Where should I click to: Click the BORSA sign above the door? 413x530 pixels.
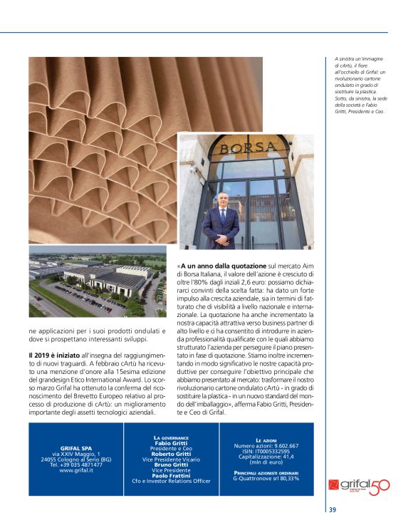coord(246,148)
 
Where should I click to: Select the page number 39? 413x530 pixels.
coord(333,509)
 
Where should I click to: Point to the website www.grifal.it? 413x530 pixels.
coord(76,470)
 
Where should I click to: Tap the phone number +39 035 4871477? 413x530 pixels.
coord(76,464)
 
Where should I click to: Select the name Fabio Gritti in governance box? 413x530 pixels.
coord(172,442)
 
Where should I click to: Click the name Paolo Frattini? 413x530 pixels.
coord(172,475)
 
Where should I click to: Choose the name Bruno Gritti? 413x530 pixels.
coord(172,464)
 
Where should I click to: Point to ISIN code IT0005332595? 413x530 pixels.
coord(266,451)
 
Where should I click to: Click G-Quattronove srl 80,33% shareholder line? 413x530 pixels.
coord(266,478)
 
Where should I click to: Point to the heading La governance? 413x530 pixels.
coord(172,437)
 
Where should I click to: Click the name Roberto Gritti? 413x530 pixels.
coord(172,453)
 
